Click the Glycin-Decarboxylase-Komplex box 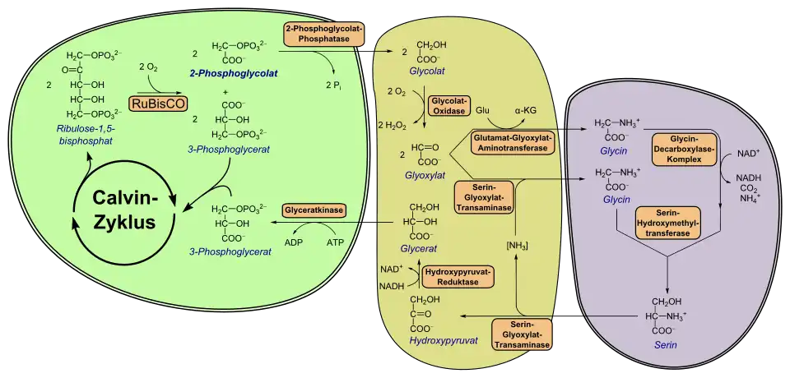[685, 148]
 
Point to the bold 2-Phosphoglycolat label [234, 73]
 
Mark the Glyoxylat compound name [425, 174]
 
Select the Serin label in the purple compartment [666, 346]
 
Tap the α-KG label [527, 109]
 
